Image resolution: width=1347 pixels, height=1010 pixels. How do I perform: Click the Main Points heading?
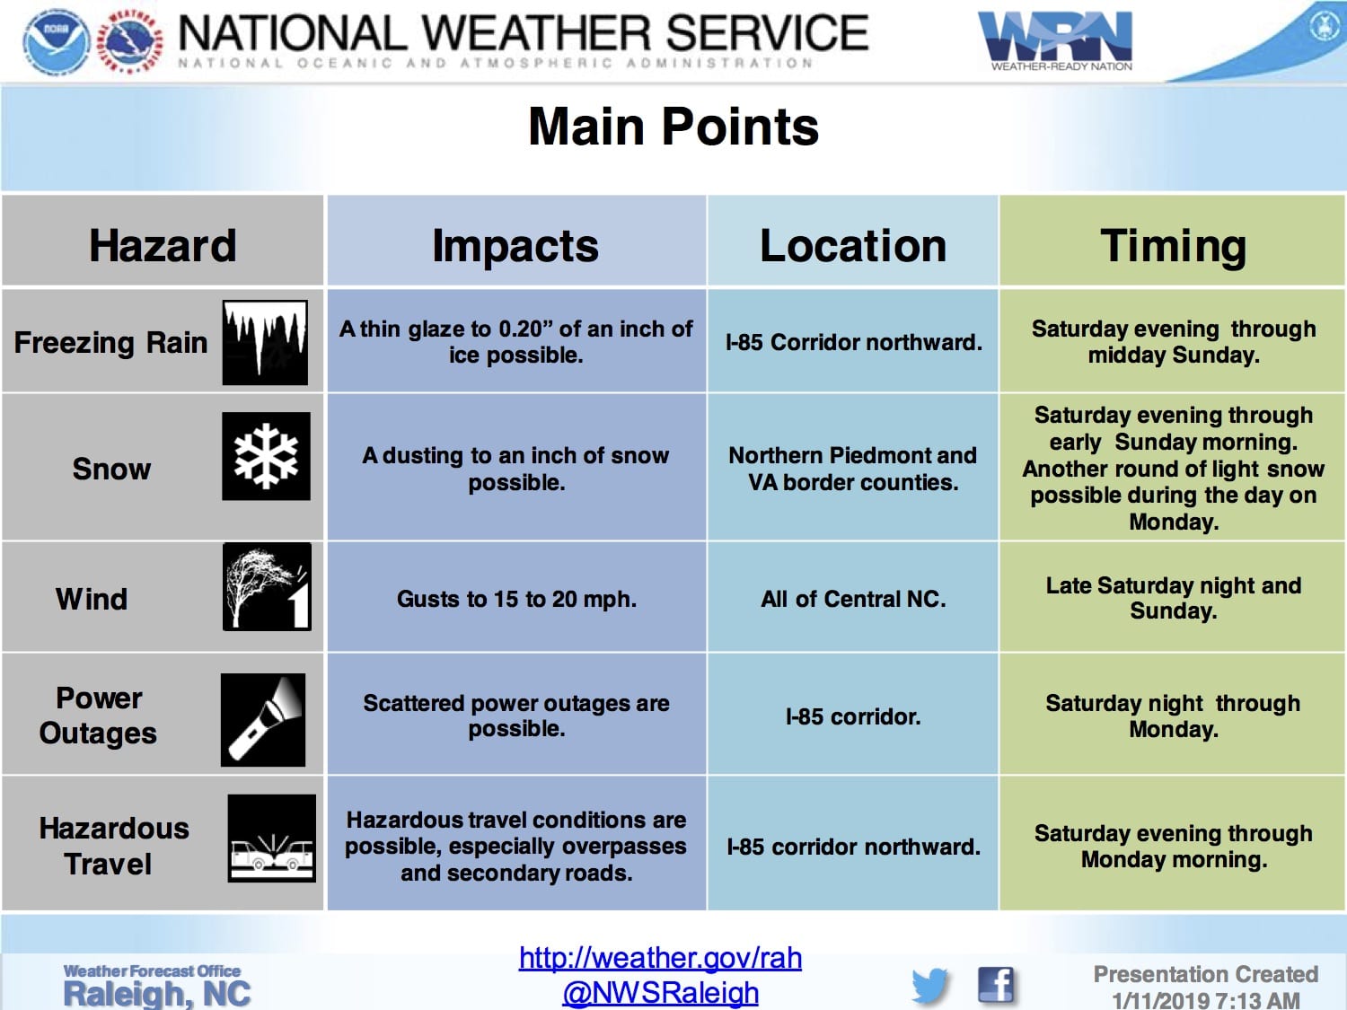point(673,127)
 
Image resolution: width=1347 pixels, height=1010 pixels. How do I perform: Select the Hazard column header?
point(163,245)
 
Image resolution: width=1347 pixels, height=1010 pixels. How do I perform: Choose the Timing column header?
point(1173,246)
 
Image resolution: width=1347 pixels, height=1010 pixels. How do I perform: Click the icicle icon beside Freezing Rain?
point(265,342)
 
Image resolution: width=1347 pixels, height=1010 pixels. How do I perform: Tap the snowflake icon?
point(266,456)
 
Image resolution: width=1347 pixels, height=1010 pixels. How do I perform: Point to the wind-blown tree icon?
point(267,587)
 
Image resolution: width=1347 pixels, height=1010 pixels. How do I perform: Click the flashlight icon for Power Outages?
point(263,720)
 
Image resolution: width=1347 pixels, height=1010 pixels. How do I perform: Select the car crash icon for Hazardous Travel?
point(272,839)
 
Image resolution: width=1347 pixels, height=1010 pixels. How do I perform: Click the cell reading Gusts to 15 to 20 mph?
point(516,599)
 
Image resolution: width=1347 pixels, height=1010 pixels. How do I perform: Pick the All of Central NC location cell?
point(853,599)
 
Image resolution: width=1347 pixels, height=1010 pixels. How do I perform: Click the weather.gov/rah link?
point(660,957)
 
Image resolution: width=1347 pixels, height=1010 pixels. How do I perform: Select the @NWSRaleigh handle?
point(660,992)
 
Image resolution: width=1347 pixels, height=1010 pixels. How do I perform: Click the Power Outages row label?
point(98,716)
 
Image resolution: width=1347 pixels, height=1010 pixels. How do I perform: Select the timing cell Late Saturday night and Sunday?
point(1174,598)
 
